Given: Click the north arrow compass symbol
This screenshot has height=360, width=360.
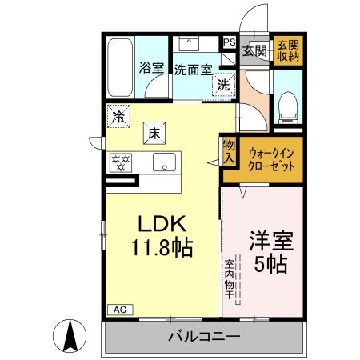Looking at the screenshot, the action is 70,336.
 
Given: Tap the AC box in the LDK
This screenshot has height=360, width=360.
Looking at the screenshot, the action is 120,310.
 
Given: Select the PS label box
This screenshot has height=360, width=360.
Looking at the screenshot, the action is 230,42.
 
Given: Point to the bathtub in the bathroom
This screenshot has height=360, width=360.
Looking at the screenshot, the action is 120,68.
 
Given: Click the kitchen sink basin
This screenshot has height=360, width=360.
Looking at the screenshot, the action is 164,162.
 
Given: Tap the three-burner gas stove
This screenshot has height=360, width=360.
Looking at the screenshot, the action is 121,162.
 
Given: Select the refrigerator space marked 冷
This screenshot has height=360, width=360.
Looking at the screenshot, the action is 118,116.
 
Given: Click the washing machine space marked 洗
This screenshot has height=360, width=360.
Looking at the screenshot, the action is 223,85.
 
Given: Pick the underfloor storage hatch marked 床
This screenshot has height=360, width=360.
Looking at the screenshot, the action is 154,133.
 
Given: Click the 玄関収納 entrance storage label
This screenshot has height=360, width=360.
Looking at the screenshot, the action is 288,50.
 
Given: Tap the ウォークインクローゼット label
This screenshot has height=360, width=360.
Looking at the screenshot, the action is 271,160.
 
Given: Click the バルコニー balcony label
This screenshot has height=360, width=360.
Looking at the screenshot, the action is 204,337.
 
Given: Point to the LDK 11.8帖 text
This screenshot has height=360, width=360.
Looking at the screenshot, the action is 162,235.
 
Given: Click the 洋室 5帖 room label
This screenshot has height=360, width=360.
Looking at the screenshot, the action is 271,252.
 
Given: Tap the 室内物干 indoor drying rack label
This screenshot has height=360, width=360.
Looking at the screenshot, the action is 229,279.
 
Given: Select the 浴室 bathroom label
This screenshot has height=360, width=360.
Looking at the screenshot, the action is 151,68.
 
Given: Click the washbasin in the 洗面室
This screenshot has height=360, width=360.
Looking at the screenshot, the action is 189,44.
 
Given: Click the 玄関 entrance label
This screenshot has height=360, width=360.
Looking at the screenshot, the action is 254,50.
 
